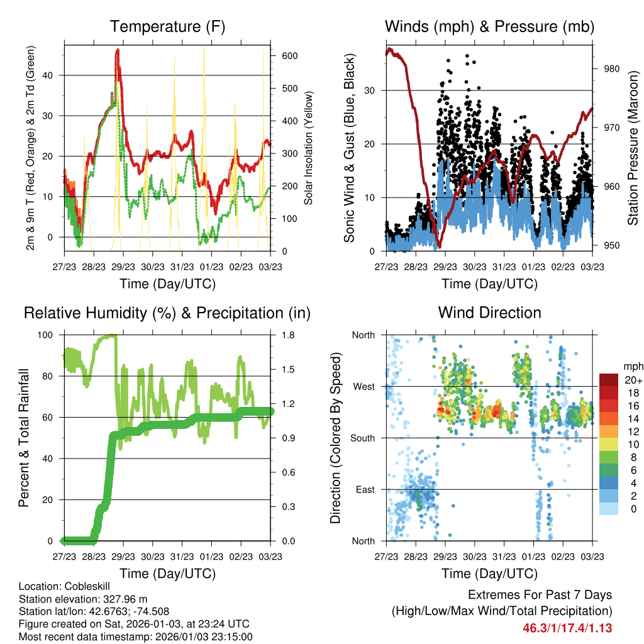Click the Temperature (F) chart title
[167, 26]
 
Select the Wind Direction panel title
[489, 313]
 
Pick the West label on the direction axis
[364, 386]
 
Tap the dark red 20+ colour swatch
[609, 380]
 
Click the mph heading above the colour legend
[633, 366]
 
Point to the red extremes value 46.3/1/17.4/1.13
[567, 628]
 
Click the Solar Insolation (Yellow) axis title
[309, 148]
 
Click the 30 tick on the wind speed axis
[372, 90]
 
